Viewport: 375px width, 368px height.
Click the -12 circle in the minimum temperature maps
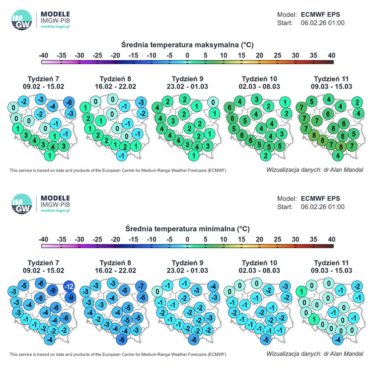click(69, 287)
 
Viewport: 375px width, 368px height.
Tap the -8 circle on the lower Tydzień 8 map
click(124, 339)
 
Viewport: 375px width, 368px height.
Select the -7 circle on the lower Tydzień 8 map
click(141, 287)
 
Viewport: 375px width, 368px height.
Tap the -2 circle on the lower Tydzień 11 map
click(357, 287)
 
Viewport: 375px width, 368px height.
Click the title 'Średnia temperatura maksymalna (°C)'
click(187, 45)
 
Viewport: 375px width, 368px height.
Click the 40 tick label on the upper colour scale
click(332, 55)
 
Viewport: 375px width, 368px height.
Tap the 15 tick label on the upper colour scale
click(241, 55)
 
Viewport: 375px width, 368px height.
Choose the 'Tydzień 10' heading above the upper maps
click(259, 79)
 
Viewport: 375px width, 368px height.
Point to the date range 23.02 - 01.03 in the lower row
click(187, 270)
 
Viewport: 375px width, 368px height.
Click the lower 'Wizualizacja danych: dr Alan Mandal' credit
click(315, 354)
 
